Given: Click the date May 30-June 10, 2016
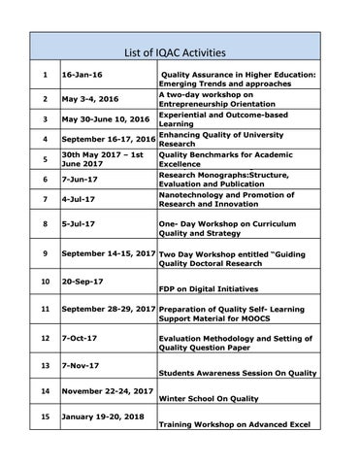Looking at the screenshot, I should pos(106,119).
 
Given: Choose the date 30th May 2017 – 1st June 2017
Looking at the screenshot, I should pos(103,159).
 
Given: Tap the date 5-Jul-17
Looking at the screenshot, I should pos(78,224).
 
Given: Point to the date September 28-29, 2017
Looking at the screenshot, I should pos(108,308).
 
